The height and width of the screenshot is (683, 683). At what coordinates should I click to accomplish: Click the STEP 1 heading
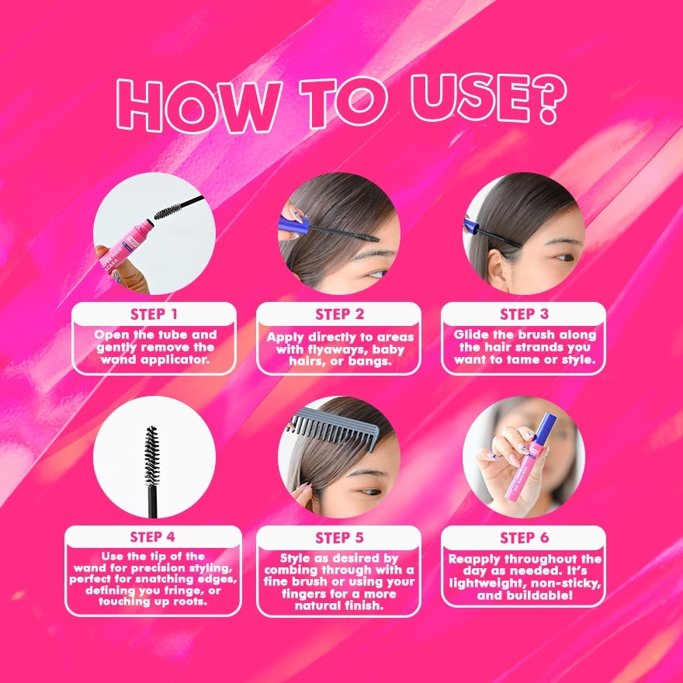point(153,314)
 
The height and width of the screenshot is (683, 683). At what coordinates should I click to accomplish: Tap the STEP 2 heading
point(339,314)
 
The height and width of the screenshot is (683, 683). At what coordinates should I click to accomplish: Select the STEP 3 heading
point(524,314)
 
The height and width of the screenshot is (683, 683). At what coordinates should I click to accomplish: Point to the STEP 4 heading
point(153,537)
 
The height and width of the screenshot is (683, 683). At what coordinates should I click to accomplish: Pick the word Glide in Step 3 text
point(474,335)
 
